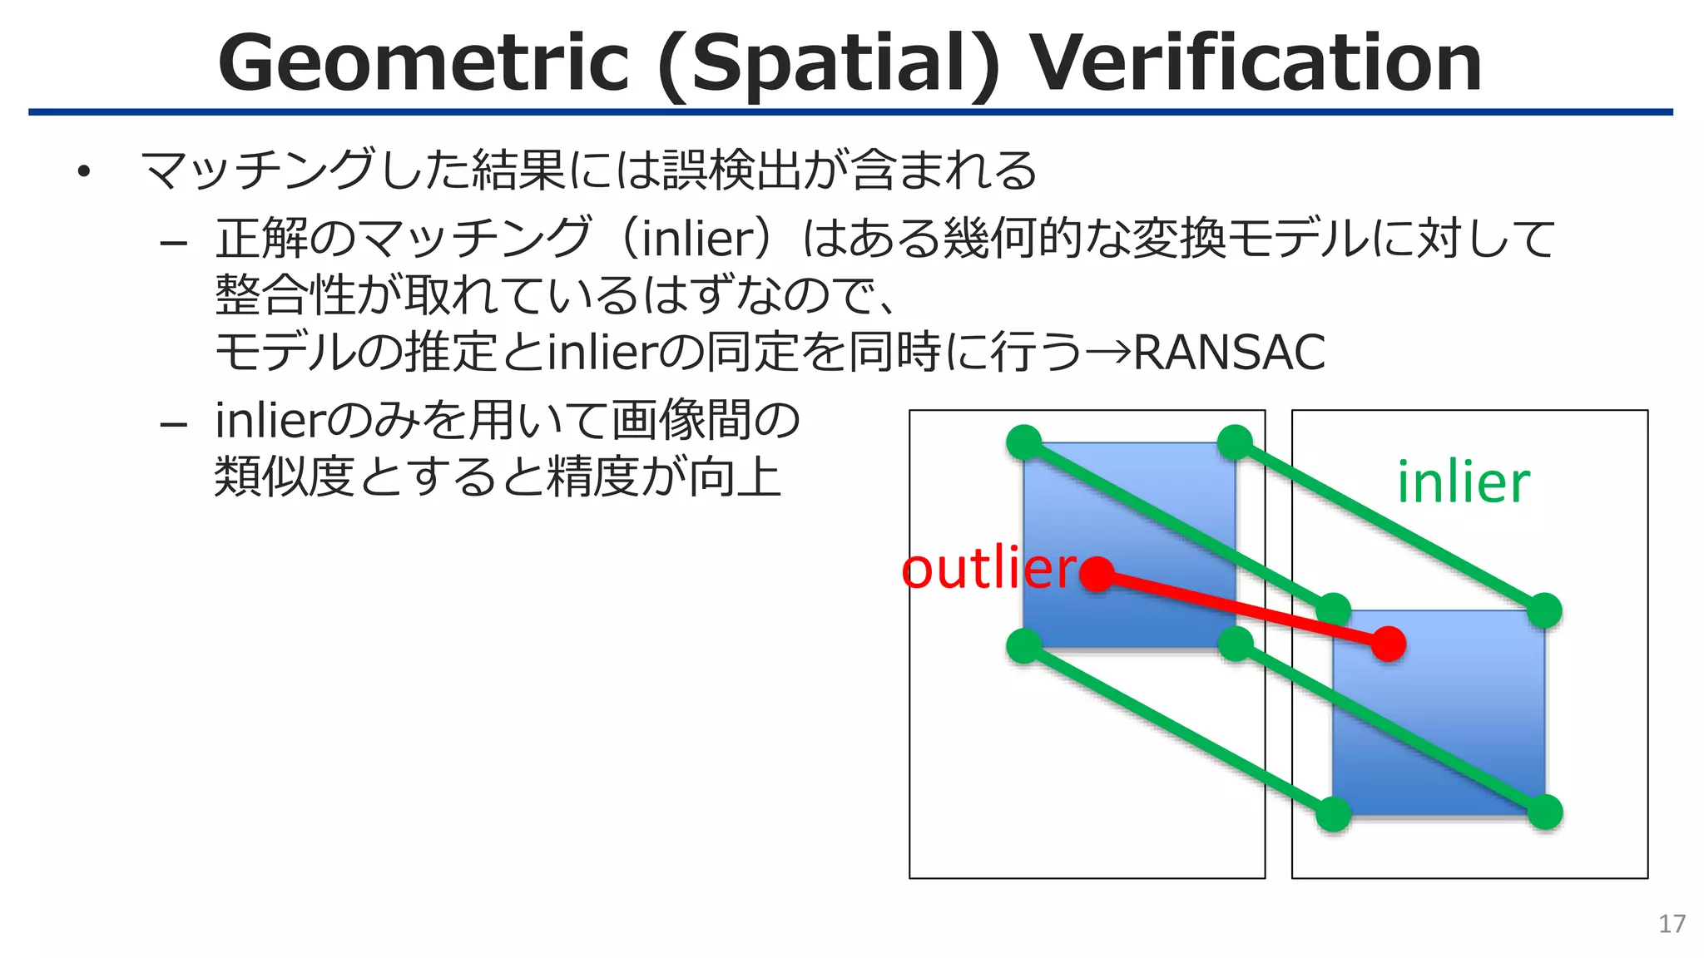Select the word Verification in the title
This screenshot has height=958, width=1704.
coord(1256,63)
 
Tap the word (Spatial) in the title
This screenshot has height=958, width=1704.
coord(829,65)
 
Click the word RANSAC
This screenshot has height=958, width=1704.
coord(1229,353)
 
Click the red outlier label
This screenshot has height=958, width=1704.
coord(988,570)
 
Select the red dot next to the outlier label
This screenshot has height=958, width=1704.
coord(1097,574)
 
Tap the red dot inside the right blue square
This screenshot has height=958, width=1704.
coord(1388,644)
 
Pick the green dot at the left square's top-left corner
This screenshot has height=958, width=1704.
coord(1024,442)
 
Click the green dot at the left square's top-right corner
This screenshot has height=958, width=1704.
coord(1235,442)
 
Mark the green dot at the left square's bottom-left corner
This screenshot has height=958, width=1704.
coord(1024,645)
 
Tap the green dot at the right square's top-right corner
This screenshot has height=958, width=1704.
coord(1545,610)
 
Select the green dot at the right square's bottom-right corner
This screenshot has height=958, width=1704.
coord(1545,812)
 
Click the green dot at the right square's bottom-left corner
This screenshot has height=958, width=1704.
coord(1334,814)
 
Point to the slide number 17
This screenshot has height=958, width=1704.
coord(1672,924)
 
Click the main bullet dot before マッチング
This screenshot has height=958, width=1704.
coord(82,172)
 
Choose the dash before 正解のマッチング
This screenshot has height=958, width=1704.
coord(173,243)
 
